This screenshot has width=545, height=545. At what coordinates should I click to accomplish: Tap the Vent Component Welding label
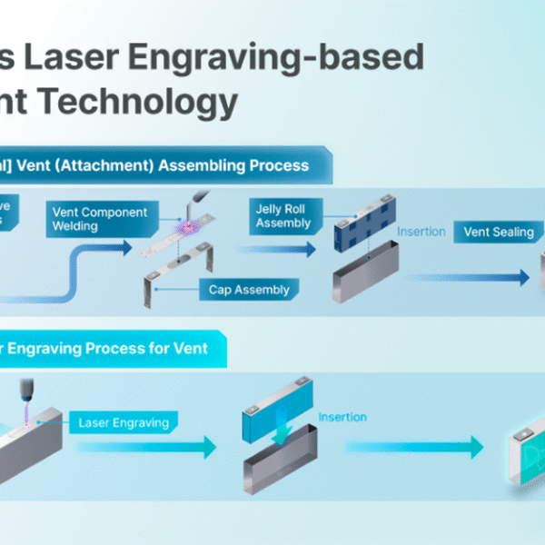click(99, 219)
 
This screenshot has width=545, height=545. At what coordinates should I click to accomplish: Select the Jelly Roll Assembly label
click(282, 215)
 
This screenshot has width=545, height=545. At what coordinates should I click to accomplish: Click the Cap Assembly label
click(248, 290)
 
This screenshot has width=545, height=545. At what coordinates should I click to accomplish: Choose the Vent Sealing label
click(499, 232)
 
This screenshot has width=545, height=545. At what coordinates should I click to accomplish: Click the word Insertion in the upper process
click(421, 232)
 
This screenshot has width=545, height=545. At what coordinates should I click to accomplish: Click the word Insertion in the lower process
click(342, 417)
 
